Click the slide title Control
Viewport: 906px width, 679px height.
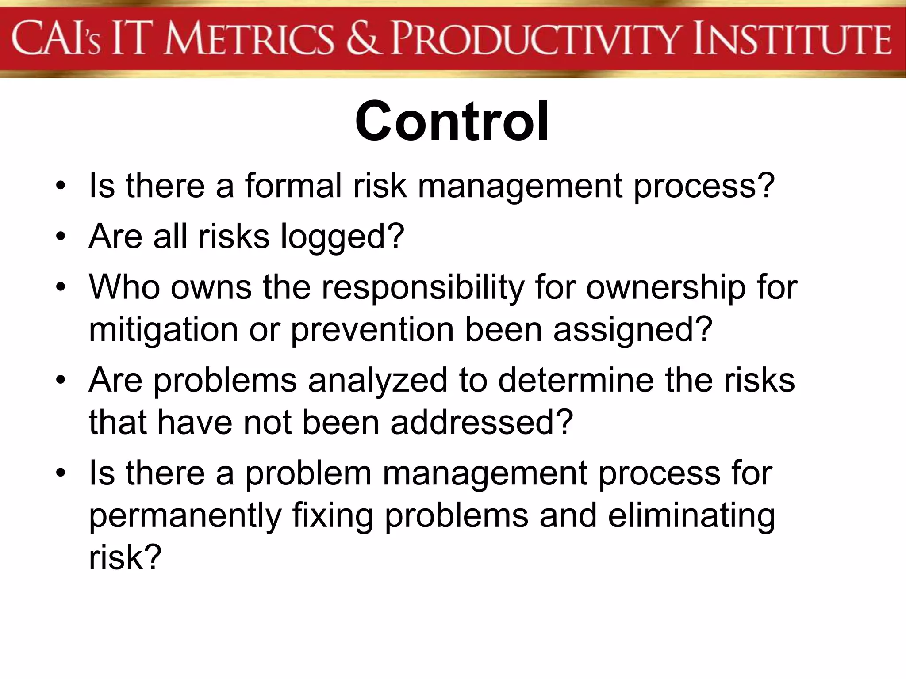click(452, 122)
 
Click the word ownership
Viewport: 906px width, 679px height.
click(666, 288)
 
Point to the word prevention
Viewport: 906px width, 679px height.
click(372, 330)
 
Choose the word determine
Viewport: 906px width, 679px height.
click(576, 380)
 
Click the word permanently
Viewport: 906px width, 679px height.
click(185, 515)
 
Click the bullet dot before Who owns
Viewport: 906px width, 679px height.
click(61, 288)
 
